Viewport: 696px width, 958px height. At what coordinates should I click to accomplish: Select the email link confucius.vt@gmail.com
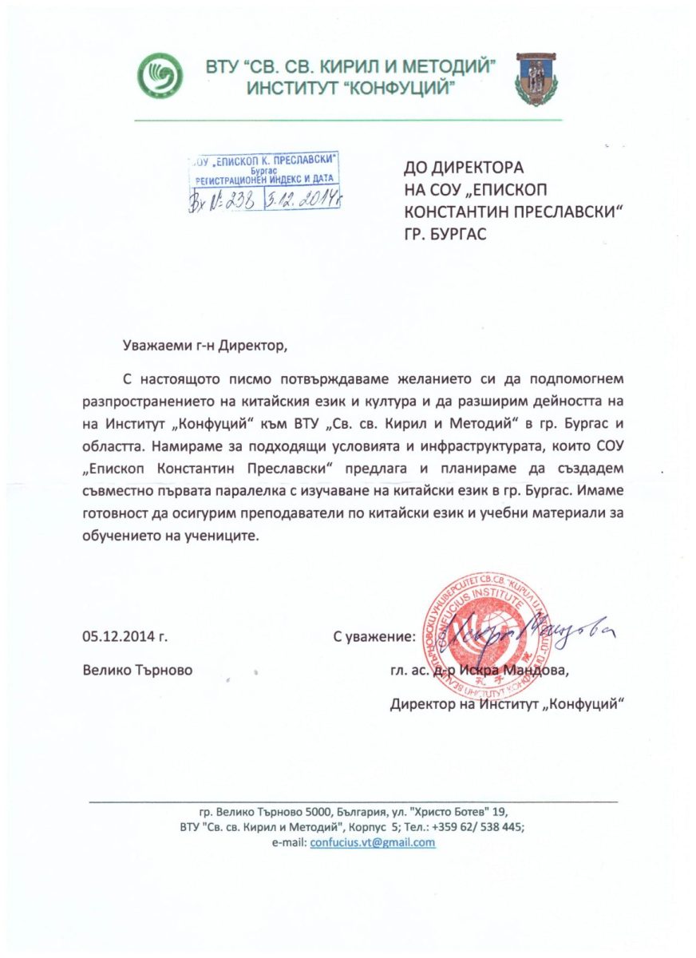coord(372,842)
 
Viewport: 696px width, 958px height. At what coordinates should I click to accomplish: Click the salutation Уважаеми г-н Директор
coord(204,346)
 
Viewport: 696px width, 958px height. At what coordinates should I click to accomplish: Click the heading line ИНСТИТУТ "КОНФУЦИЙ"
coord(351,89)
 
